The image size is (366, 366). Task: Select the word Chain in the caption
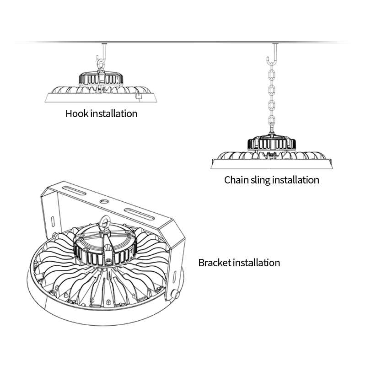tap(236, 180)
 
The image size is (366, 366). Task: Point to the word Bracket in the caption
tap(215, 263)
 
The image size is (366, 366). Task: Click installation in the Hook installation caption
tap(113, 113)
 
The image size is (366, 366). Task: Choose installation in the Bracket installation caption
tap(257, 263)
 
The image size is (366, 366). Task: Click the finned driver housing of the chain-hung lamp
tap(270, 143)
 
